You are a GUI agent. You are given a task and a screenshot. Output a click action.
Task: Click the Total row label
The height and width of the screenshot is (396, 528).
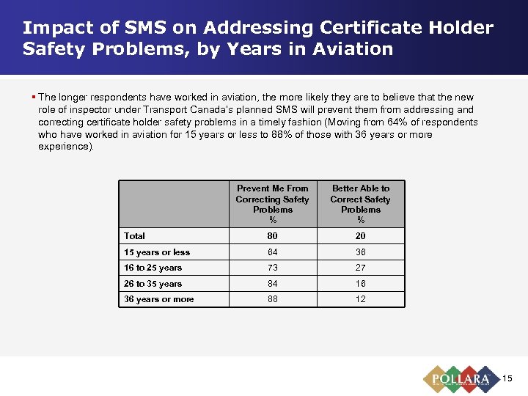pyautogui.click(x=135, y=236)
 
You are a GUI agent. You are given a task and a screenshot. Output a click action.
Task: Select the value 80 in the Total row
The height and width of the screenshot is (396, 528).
pyautogui.click(x=272, y=236)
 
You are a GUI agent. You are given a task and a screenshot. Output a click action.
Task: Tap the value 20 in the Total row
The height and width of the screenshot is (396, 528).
pyautogui.click(x=360, y=236)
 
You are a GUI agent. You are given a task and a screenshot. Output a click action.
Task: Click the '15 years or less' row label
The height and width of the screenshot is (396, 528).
pyautogui.click(x=157, y=252)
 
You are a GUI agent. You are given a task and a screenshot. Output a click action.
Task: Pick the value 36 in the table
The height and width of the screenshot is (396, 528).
pyautogui.click(x=360, y=252)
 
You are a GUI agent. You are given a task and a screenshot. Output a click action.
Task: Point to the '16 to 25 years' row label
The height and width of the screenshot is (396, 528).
pyautogui.click(x=153, y=268)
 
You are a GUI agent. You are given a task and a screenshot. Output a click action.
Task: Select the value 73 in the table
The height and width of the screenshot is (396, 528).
pyautogui.click(x=272, y=268)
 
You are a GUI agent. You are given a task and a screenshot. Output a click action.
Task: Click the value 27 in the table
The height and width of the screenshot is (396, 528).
pyautogui.click(x=360, y=268)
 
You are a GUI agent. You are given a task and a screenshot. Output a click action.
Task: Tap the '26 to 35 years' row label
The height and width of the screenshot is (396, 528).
pyautogui.click(x=153, y=284)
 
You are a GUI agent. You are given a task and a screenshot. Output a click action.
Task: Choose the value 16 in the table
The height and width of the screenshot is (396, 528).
pyautogui.click(x=360, y=284)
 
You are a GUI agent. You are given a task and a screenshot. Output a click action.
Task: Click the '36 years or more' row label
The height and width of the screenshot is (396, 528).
pyautogui.click(x=159, y=299)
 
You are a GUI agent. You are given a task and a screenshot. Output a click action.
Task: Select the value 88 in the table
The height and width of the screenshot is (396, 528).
pyautogui.click(x=272, y=299)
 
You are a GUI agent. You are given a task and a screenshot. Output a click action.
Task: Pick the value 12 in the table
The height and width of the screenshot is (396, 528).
pyautogui.click(x=360, y=299)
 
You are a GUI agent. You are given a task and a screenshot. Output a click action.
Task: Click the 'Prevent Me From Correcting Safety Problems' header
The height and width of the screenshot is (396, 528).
pyautogui.click(x=272, y=204)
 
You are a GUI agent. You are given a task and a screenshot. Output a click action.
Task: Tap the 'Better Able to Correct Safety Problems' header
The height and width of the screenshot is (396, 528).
pyautogui.click(x=360, y=204)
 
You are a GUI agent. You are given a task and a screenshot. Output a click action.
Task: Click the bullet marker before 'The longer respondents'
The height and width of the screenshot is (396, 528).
pyautogui.click(x=34, y=97)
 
